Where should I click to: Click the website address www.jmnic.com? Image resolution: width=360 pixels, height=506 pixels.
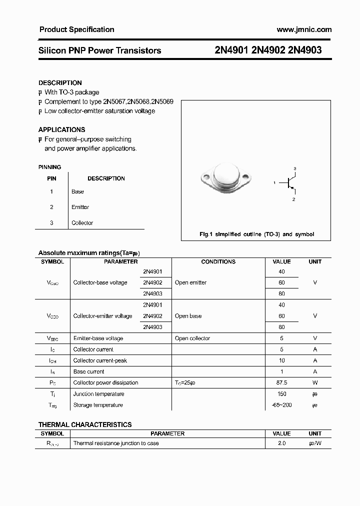(x=304, y=29)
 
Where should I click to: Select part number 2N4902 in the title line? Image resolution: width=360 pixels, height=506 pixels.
(x=270, y=50)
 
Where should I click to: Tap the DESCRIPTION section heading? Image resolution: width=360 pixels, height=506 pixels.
(x=60, y=83)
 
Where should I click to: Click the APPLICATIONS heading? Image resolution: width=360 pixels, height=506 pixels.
(x=62, y=129)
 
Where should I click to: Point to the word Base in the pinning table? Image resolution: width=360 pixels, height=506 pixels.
(x=77, y=191)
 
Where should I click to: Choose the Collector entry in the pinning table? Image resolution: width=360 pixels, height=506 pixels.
(x=82, y=223)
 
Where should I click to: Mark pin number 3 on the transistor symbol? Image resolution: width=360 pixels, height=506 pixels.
(x=295, y=168)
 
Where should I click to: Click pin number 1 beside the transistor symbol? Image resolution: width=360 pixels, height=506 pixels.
(x=274, y=183)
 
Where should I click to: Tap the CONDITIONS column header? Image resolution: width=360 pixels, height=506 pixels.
(x=218, y=261)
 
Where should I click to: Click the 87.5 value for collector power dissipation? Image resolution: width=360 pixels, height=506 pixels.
(x=282, y=382)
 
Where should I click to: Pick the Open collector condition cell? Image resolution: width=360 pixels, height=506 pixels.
(x=192, y=338)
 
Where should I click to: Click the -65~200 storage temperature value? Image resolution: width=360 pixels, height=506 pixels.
(x=282, y=405)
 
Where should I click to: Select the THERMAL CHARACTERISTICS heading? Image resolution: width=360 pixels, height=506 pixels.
(x=85, y=424)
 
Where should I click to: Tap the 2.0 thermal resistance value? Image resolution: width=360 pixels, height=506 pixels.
(x=282, y=443)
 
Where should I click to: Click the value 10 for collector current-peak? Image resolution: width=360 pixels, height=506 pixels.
(x=282, y=360)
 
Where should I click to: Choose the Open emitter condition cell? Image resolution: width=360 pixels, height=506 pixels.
(x=190, y=282)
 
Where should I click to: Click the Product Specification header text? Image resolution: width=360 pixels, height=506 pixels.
(x=76, y=29)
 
